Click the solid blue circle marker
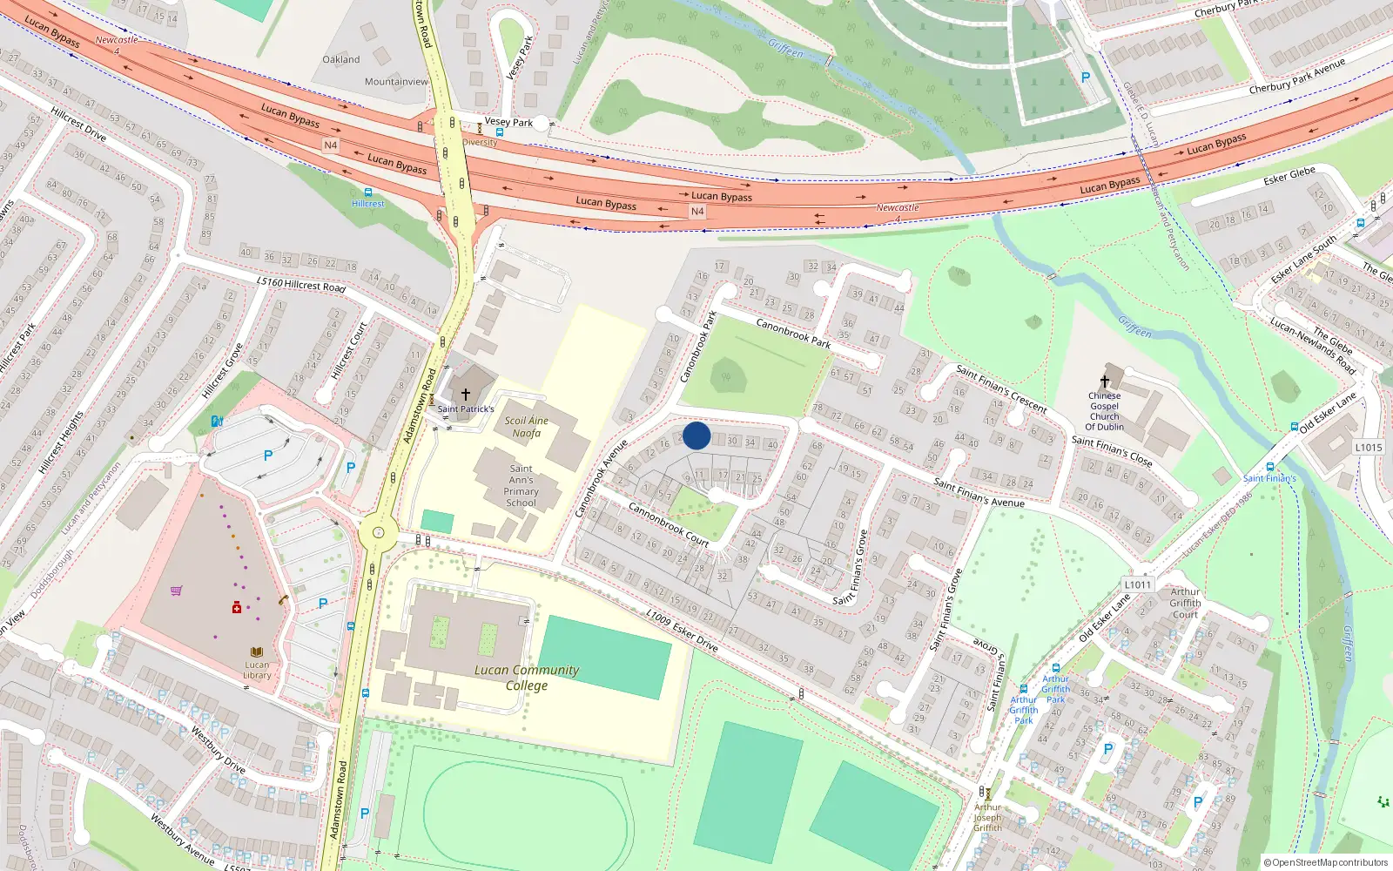tap(696, 435)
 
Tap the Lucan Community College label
tap(527, 678)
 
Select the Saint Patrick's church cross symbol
tap(466, 395)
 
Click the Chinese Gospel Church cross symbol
tap(1105, 381)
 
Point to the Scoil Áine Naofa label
tap(526, 427)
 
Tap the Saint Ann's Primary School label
tap(522, 485)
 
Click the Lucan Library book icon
tap(257, 652)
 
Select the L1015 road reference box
tap(1369, 447)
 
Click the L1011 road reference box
tap(1137, 584)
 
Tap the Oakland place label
tap(341, 59)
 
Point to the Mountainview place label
tap(396, 82)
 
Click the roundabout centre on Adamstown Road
tap(378, 532)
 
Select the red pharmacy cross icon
tap(236, 607)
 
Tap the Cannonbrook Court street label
tap(669, 524)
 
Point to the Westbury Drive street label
tap(219, 749)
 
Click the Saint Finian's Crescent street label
tap(1001, 388)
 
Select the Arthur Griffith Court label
tap(1185, 603)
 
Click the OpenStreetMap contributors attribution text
tap(1326, 862)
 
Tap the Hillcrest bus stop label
tap(368, 204)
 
